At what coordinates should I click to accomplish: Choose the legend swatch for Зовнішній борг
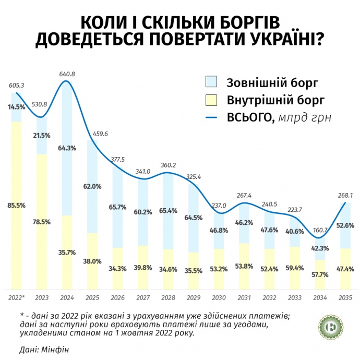click(x=211, y=81)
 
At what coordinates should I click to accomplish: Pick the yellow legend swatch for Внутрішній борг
click(x=211, y=100)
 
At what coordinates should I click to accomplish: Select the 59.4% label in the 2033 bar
click(x=294, y=269)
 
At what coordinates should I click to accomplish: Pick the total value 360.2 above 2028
click(x=168, y=165)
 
